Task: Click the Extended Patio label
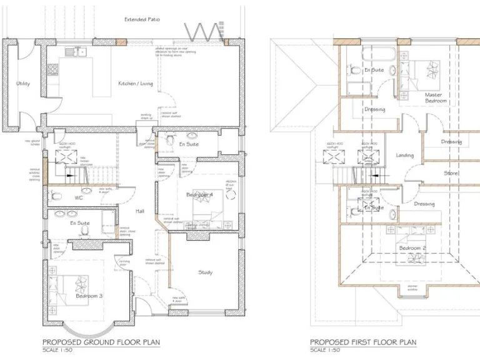(142, 19)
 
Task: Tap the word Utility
(23, 83)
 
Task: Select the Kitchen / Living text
(136, 83)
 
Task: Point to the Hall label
(140, 211)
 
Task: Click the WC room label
(79, 197)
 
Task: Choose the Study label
(205, 272)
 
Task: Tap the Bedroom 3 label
(89, 295)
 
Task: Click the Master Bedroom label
(436, 97)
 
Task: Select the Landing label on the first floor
(404, 155)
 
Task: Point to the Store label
(451, 173)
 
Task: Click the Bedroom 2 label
(412, 249)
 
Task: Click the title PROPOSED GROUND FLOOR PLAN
(101, 342)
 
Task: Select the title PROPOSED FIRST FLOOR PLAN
(362, 342)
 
